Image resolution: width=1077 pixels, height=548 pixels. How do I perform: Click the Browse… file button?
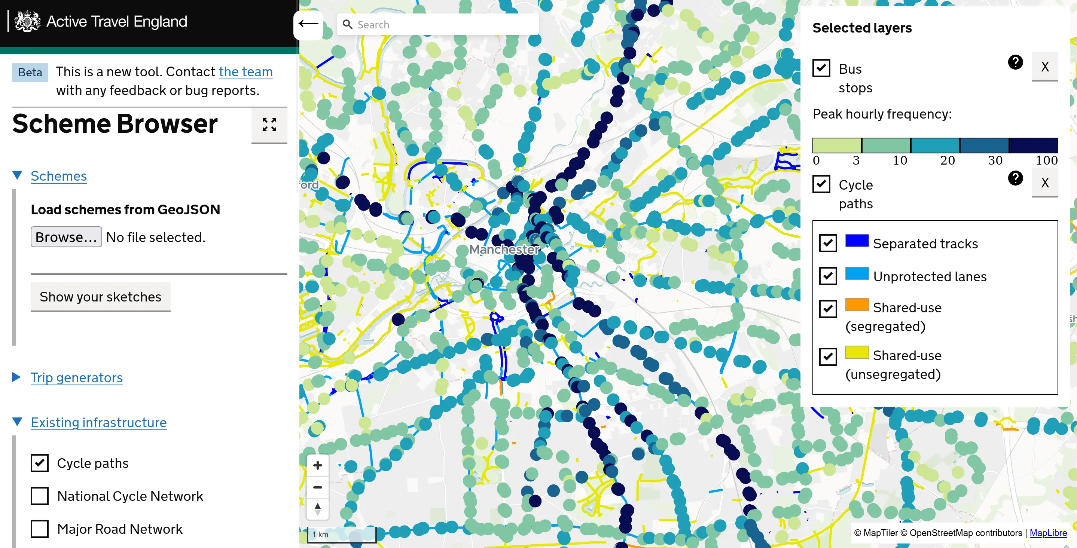(66, 237)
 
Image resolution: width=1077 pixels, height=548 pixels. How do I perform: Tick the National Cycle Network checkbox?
(40, 496)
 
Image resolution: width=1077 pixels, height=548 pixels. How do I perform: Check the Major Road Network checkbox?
(40, 529)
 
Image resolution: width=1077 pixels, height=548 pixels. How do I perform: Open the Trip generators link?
(76, 377)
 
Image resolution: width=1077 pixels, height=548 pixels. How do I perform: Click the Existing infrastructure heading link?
(99, 422)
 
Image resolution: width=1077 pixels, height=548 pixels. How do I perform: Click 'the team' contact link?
(245, 72)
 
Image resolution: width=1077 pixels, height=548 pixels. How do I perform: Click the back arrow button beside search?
(308, 24)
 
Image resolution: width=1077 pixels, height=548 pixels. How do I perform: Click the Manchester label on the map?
(504, 249)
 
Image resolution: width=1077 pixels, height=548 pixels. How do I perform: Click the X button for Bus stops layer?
(1044, 67)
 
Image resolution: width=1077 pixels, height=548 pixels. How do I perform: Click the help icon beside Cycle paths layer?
(1015, 178)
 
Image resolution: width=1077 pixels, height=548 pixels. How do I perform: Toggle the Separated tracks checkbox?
(828, 243)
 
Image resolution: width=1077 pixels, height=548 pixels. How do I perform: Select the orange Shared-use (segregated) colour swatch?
(857, 304)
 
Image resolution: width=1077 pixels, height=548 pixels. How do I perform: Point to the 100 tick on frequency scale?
(1046, 160)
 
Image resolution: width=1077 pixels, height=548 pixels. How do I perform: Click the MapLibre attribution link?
(1048, 533)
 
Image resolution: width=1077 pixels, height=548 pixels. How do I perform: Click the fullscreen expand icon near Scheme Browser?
(269, 125)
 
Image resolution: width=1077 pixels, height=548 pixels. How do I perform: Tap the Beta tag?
(30, 72)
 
